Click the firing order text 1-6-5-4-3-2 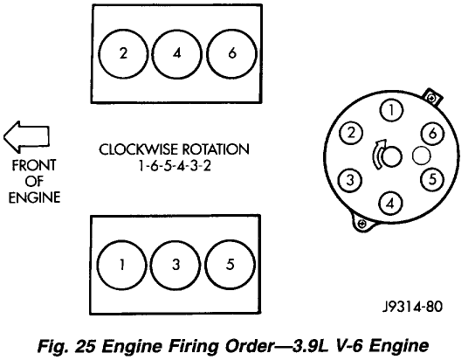coord(175,166)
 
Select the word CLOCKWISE coord(138,149)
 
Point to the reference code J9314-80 coord(412,307)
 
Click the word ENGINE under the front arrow coord(34,197)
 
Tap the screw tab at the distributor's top coord(432,97)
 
